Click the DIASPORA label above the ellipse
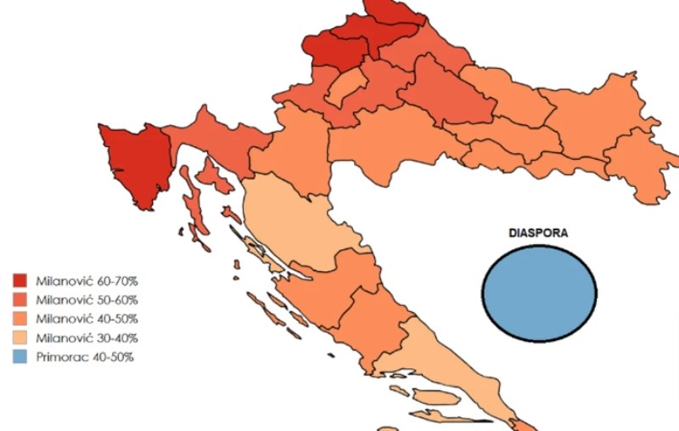(x=538, y=232)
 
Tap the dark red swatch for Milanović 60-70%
(x=20, y=280)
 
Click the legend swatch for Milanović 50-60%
(x=20, y=299)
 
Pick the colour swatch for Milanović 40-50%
(x=20, y=319)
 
